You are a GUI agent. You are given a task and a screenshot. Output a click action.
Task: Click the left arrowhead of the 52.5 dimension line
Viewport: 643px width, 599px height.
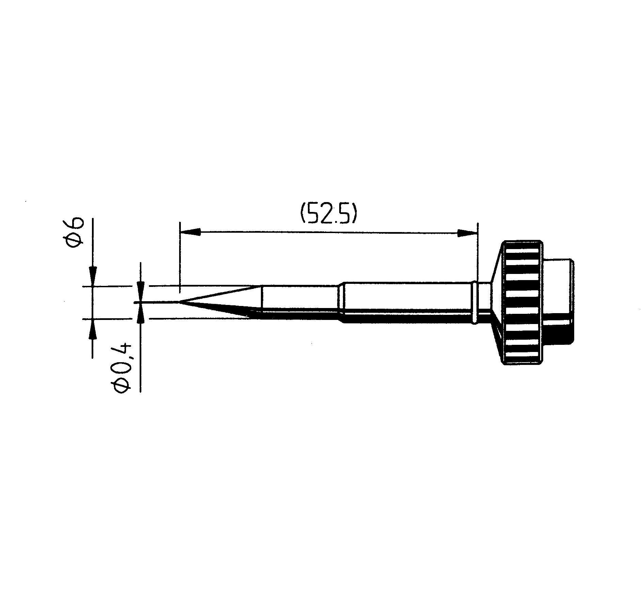[190, 232]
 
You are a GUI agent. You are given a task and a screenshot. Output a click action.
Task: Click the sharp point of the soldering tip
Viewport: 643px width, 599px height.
[179, 302]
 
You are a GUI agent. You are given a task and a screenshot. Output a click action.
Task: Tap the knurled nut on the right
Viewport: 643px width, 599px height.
[521, 303]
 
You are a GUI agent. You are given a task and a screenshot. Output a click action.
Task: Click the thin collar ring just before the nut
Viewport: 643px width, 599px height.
[474, 302]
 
